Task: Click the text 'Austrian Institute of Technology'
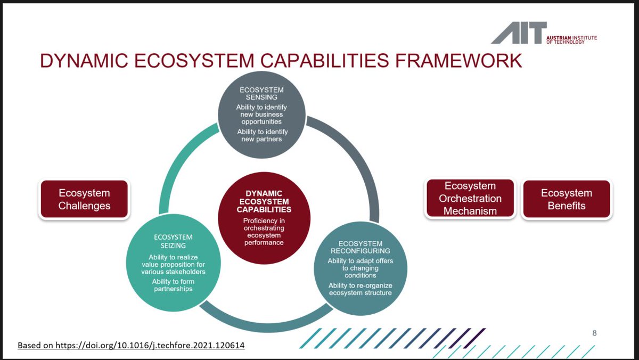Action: [x=571, y=40]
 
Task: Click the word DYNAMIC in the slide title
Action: [x=81, y=61]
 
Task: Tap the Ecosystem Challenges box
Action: [x=84, y=199]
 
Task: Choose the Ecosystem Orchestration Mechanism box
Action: [x=470, y=199]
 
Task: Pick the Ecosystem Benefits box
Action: [x=567, y=199]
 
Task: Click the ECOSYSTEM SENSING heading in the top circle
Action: [x=261, y=94]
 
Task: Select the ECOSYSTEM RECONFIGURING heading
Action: [x=361, y=247]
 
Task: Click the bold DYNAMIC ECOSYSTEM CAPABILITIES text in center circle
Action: [x=264, y=201]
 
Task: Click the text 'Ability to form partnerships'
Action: [x=173, y=285]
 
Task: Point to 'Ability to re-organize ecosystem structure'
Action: [x=360, y=289]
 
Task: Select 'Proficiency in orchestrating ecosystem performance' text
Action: [x=264, y=232]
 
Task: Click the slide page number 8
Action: [x=594, y=333]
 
